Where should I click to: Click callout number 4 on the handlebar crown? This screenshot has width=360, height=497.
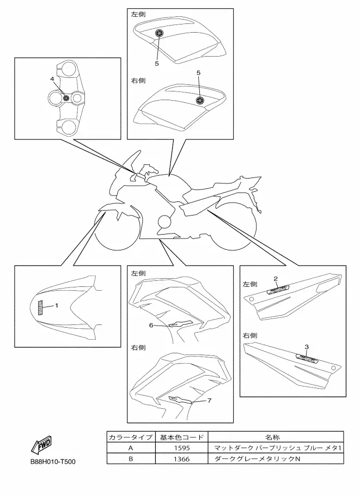coord(52,79)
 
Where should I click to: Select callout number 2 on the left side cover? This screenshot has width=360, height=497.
coord(276,279)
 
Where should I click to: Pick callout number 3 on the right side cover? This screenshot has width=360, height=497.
coord(307,347)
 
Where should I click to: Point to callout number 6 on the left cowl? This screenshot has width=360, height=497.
coord(151,326)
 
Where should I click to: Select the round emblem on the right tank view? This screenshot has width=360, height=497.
coord(200,101)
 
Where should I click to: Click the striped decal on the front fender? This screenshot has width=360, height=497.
coord(41,308)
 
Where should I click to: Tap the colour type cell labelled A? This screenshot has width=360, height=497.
coord(131,448)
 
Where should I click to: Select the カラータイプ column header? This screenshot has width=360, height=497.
coord(131,437)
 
